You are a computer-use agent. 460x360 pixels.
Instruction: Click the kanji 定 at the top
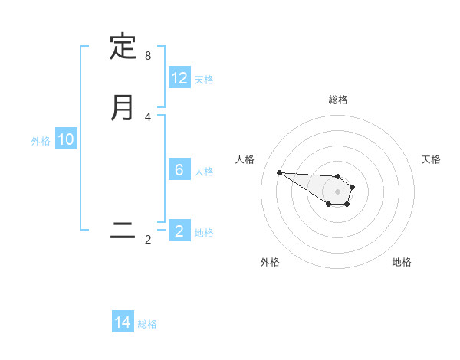[123, 47]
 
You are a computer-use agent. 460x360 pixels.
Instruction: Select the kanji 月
[123, 107]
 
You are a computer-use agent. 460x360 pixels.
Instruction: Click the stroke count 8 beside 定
[148, 56]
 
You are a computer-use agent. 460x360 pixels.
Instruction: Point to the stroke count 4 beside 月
[148, 117]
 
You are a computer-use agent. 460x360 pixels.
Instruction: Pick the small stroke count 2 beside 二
[148, 240]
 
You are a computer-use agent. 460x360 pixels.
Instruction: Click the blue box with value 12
[179, 78]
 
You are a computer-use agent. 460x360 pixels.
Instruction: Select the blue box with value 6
[179, 170]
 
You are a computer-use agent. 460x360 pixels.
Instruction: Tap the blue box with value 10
[66, 139]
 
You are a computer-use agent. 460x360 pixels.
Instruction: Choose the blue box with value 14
[123, 322]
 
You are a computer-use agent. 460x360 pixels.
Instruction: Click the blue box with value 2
[179, 231]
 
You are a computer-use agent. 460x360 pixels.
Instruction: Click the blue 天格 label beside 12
[204, 79]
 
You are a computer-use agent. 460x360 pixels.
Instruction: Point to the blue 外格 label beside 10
[41, 140]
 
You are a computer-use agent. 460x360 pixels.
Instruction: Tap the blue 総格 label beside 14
[147, 323]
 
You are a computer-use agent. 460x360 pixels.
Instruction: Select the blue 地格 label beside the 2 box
[204, 232]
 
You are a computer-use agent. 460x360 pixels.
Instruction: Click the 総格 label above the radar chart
[338, 100]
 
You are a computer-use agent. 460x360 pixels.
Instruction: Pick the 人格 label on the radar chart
[245, 159]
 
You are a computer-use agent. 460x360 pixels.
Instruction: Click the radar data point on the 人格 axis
[279, 172]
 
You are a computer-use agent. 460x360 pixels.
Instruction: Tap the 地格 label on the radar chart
[402, 262]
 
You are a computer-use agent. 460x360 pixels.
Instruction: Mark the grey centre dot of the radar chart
[337, 191]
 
